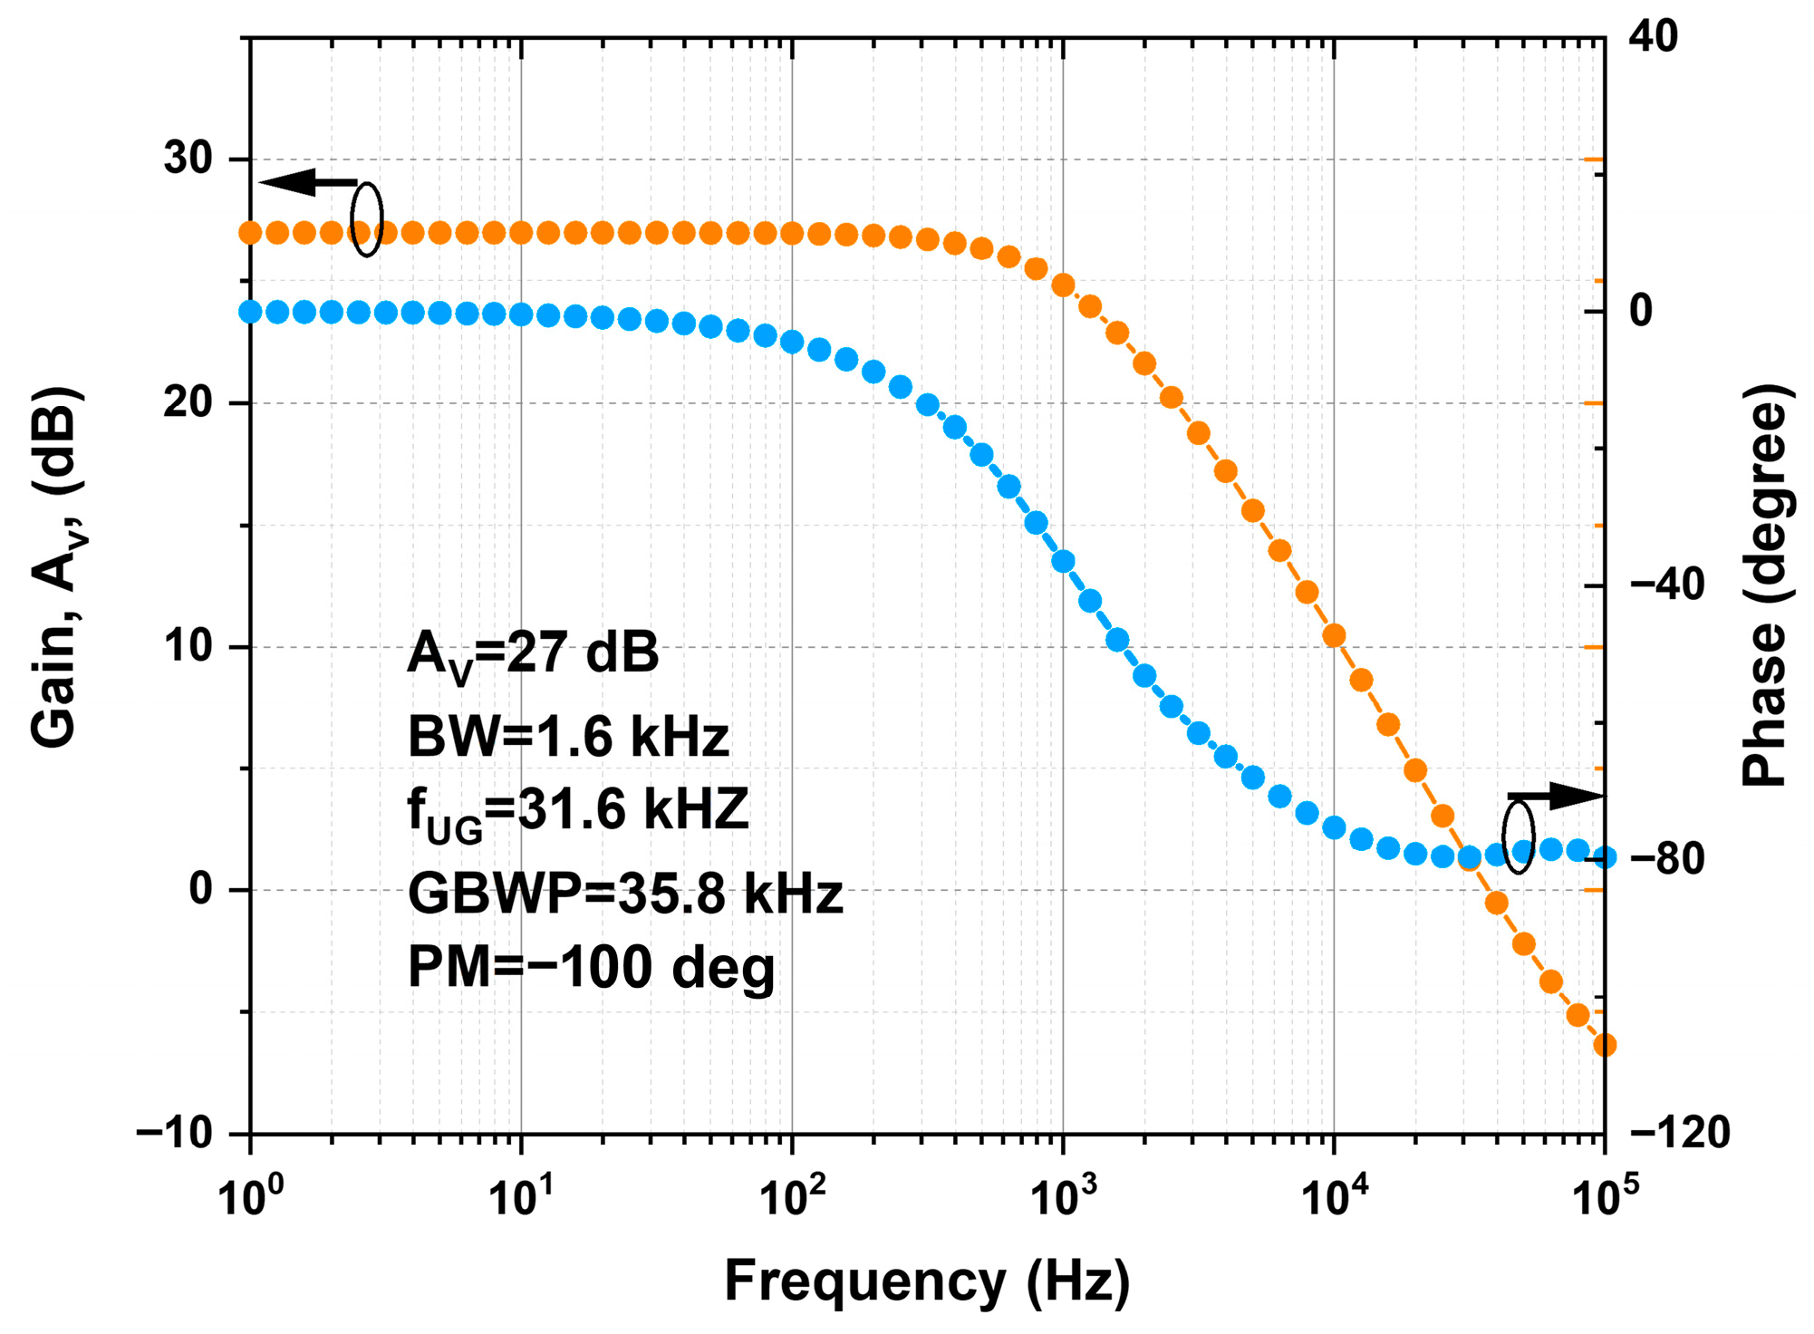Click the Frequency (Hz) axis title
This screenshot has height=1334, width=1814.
coord(927,1281)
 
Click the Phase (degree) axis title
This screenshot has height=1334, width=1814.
coord(1765,585)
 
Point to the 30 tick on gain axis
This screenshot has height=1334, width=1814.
coord(188,159)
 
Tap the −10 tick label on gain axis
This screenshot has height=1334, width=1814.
coord(174,1133)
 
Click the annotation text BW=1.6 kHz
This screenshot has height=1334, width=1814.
coord(568,736)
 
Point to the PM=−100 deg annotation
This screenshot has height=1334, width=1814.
coord(591,967)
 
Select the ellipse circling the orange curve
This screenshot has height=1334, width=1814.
coord(367,219)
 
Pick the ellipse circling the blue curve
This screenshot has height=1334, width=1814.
coord(1519,837)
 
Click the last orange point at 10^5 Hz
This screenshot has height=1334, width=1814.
coord(1605,1045)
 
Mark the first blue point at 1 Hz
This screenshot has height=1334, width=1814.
coord(251,312)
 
